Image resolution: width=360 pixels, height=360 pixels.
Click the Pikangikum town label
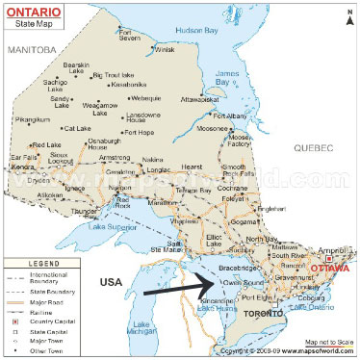pyautogui.click(x=32, y=121)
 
